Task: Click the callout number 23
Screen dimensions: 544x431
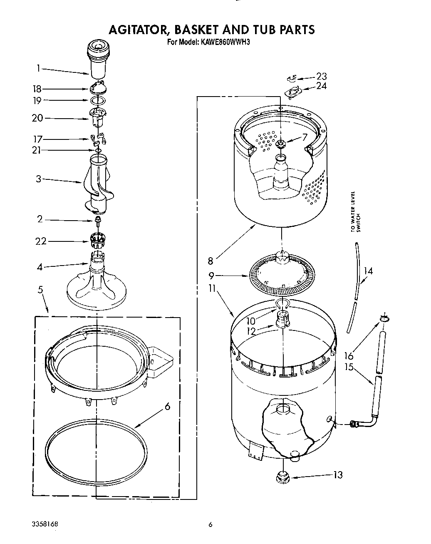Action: [x=321, y=76]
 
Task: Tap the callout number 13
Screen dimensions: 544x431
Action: [x=338, y=474]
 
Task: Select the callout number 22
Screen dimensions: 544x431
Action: [x=41, y=241]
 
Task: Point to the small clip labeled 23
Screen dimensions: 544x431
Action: [x=292, y=78]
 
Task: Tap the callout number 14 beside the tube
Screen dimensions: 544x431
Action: [x=368, y=271]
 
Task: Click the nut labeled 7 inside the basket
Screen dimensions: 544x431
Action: [x=281, y=144]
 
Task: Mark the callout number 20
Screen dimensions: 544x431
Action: [x=37, y=118]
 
